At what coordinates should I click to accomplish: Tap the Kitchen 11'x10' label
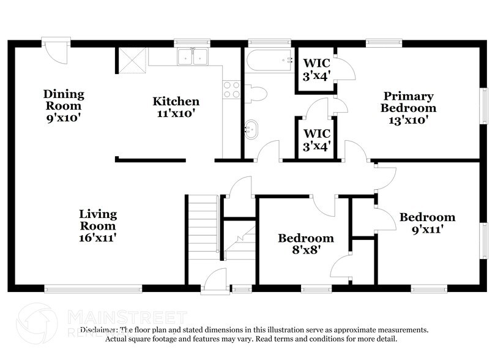[176, 107]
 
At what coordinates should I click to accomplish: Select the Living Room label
[97, 225]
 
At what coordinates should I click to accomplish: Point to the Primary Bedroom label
[408, 108]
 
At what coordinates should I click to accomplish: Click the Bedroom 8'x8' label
[305, 244]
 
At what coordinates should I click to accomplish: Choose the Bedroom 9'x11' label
[427, 223]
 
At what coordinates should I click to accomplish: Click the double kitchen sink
[193, 58]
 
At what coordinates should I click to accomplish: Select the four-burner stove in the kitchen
[231, 90]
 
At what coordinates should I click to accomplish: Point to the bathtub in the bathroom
[269, 61]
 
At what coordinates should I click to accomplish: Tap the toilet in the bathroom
[256, 94]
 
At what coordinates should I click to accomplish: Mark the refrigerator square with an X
[131, 60]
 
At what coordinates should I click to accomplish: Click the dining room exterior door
[54, 53]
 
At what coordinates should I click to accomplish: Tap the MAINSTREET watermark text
[126, 317]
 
